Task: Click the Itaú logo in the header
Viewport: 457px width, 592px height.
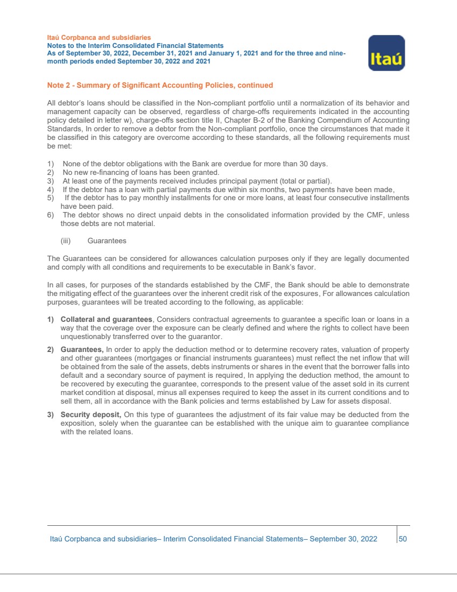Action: point(386,53)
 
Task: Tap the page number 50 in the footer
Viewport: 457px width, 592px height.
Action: point(403,538)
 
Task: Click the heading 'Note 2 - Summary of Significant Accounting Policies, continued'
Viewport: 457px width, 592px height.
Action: point(160,85)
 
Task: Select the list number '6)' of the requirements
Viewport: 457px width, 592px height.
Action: point(51,215)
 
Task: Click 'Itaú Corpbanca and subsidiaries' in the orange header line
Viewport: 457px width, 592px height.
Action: point(99,38)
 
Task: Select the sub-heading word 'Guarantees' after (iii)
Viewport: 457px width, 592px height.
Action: point(107,241)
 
